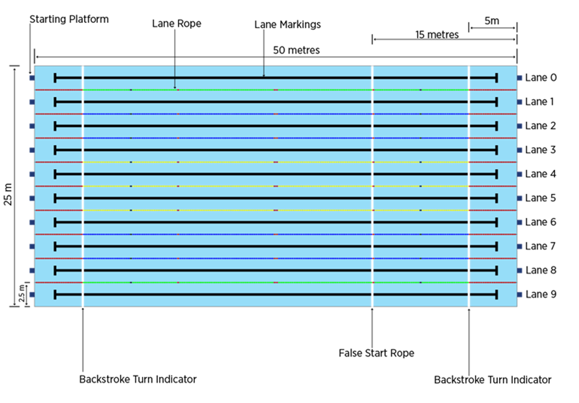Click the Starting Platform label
[69, 20]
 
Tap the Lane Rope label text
[177, 23]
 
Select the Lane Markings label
[287, 25]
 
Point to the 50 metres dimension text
[296, 50]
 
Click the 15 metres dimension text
[437, 34]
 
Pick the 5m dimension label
[492, 21]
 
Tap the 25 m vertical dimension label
[8, 194]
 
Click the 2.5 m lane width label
[22, 293]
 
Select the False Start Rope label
[376, 353]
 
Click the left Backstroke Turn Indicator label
[138, 380]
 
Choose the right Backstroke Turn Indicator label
[493, 380]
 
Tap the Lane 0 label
[541, 78]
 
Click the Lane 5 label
[541, 198]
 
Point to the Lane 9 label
[541, 294]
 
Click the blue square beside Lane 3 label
[519, 150]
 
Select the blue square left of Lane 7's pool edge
[32, 246]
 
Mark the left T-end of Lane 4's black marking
[55, 174]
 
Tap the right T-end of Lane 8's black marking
[496, 271]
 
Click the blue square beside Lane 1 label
[519, 102]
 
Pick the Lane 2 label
[541, 126]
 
